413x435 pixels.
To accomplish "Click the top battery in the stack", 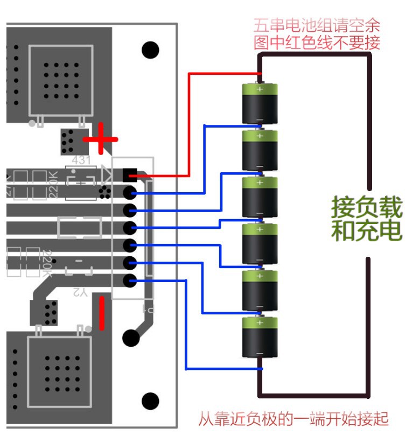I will tap(260, 103).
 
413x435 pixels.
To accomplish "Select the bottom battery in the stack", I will tap(260, 337).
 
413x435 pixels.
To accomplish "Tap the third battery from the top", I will tap(260, 197).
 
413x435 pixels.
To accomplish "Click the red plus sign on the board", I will tap(100, 139).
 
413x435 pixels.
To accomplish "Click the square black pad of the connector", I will tap(130, 175).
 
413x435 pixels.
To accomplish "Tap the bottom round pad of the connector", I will tap(130, 280).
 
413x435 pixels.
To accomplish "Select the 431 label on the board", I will tap(81, 160).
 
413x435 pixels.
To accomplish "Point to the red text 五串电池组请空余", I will tap(317, 25).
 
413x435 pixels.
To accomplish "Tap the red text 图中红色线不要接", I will tap(317, 43).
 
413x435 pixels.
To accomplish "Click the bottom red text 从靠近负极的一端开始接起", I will tap(293, 419).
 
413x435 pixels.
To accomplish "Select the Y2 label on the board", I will tap(79, 292).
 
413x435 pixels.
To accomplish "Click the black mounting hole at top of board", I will tap(151, 50).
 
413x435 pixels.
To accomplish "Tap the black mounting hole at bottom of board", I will tap(151, 401).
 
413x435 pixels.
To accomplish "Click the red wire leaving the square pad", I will tap(188, 124).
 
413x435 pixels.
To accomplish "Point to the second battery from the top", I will tap(260, 150).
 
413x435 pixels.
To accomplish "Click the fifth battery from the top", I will tap(260, 290).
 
